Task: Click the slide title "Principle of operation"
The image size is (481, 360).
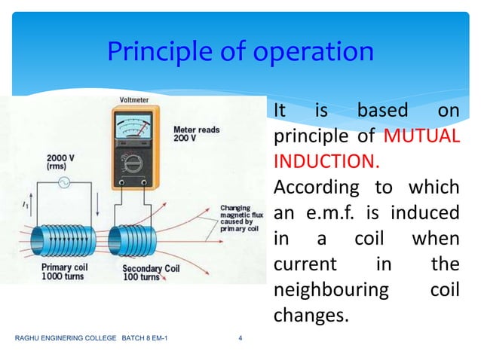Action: coord(240,52)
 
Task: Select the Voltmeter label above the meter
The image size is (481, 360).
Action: coord(133,102)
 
